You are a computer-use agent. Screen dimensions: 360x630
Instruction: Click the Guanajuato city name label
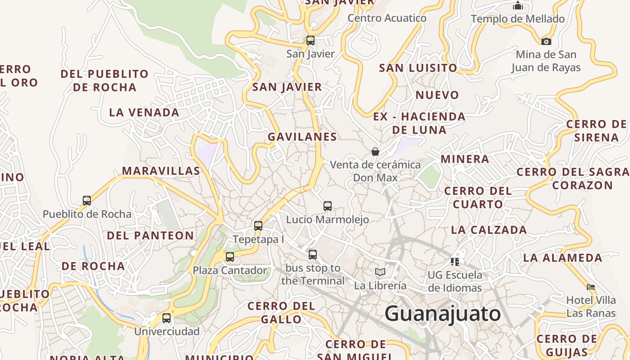tap(443, 313)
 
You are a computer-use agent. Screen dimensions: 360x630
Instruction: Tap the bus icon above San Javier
tap(310, 40)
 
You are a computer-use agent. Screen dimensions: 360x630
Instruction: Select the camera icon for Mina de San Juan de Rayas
tap(546, 41)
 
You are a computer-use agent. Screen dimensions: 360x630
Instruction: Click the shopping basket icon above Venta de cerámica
tap(375, 152)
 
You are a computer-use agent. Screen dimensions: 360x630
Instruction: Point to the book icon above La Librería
tap(380, 272)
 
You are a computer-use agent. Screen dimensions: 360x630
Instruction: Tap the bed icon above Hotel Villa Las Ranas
tap(591, 287)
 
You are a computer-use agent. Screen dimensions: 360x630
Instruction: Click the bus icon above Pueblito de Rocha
tap(87, 201)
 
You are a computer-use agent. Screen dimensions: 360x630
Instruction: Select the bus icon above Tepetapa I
tap(258, 226)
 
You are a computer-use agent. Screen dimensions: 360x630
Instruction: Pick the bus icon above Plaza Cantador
tap(230, 257)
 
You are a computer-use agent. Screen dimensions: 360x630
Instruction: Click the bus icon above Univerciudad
tap(166, 318)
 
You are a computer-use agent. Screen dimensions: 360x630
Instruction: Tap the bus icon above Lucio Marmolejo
tap(328, 206)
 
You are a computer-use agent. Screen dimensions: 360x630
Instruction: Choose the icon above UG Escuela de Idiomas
tap(454, 261)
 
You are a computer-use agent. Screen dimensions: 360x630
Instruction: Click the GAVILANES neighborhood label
tap(302, 136)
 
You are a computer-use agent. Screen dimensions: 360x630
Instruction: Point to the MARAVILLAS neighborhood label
tap(161, 171)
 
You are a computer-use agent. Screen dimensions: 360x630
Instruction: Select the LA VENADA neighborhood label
tap(144, 112)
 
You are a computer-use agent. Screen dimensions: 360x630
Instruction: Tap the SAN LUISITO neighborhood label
tap(418, 68)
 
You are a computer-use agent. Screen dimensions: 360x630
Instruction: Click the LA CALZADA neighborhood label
tap(489, 230)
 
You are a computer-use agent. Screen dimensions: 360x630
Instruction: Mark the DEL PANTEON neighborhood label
tap(150, 235)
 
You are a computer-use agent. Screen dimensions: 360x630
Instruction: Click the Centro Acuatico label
tap(387, 18)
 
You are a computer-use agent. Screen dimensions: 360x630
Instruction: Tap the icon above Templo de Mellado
tap(518, 6)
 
